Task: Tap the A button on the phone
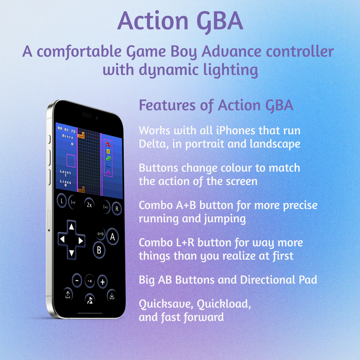point(113,236)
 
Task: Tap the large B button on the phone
point(99,250)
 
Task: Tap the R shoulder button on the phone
point(117,209)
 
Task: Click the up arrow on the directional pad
point(72,227)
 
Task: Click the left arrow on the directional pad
point(62,239)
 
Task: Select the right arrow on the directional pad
point(81,241)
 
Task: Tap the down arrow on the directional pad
point(72,253)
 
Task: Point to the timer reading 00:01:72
point(67,130)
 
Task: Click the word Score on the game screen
point(67,136)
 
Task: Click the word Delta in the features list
point(152,144)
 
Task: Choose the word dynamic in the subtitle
point(169,70)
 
